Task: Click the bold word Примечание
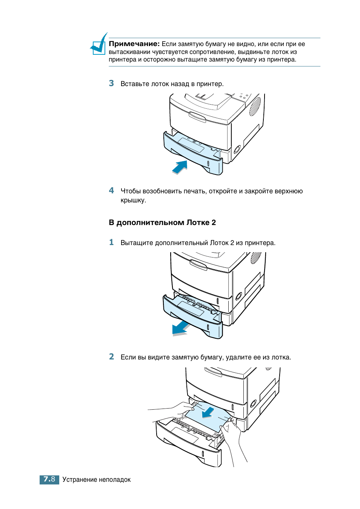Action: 134,44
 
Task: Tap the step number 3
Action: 111,83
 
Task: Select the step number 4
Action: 111,191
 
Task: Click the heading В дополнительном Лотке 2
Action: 162,222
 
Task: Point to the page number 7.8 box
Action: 49,480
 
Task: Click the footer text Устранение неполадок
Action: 97,480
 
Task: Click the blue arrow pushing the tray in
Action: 180,167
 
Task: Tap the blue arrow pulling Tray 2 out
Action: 180,328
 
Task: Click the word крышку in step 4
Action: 133,200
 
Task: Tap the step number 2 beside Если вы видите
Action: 111,357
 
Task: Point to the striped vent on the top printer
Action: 255,106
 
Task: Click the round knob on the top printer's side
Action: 237,149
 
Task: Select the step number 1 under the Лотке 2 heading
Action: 111,242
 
